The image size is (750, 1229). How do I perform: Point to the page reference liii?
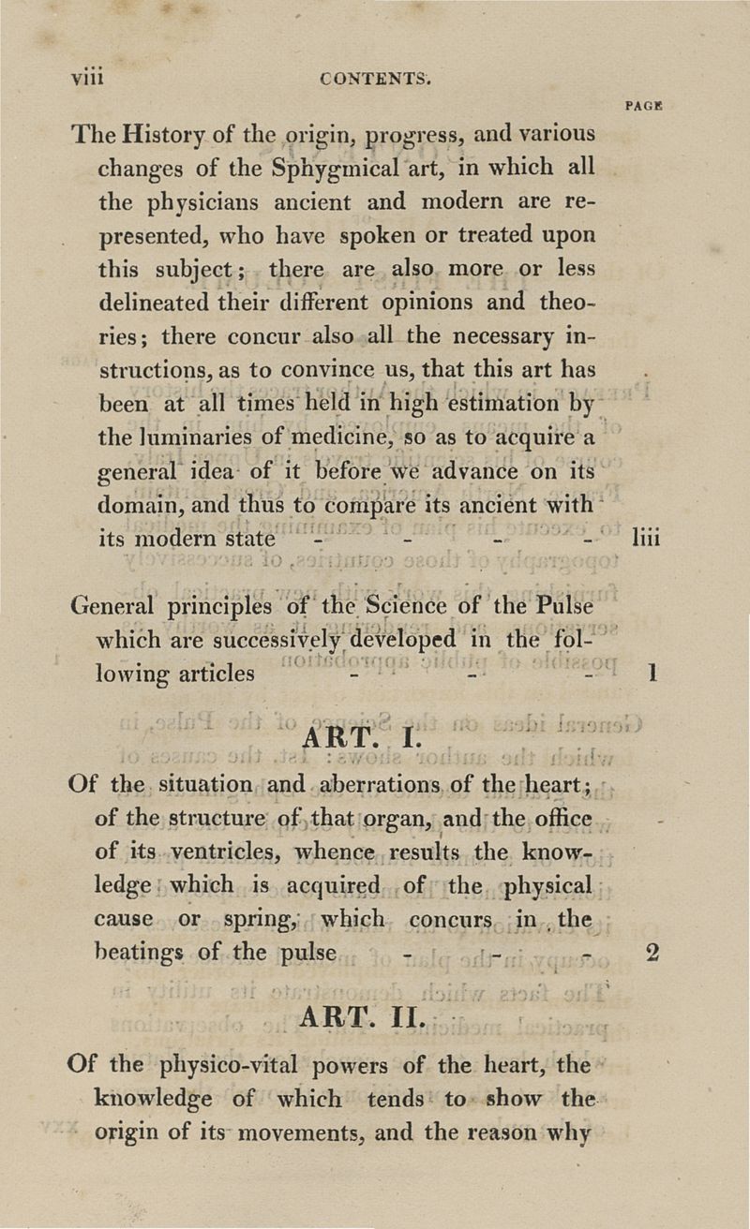tap(647, 540)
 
